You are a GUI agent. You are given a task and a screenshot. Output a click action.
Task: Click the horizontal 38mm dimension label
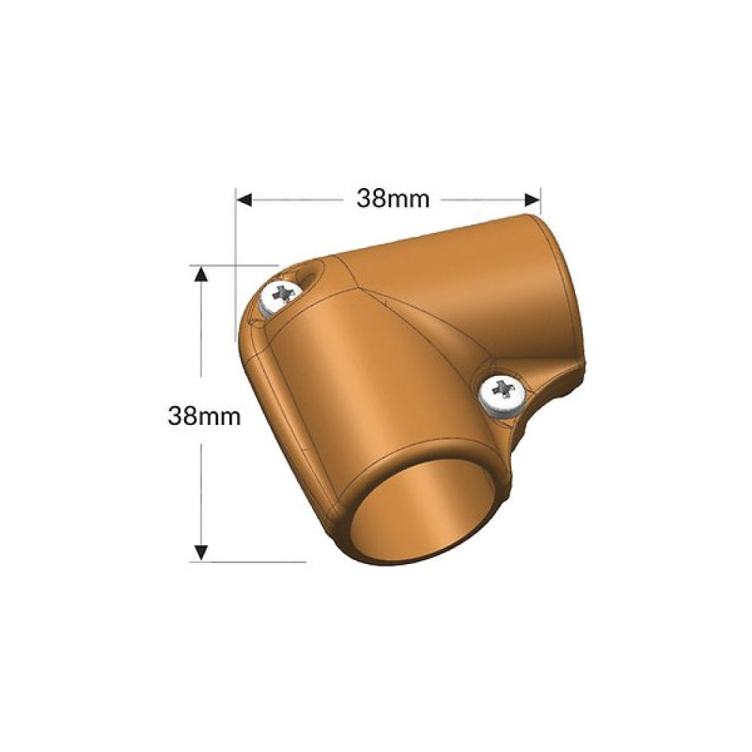(x=393, y=199)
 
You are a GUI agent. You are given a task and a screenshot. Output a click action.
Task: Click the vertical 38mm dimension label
(x=205, y=416)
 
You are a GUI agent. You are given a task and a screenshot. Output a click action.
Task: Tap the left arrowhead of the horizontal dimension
(x=244, y=199)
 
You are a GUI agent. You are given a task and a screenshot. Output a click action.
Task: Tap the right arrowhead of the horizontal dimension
(x=533, y=199)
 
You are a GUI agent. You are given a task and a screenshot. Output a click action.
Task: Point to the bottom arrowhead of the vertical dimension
(x=202, y=553)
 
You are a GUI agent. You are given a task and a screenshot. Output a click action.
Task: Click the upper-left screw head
(x=280, y=297)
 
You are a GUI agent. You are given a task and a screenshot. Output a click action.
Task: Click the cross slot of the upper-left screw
(x=284, y=293)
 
